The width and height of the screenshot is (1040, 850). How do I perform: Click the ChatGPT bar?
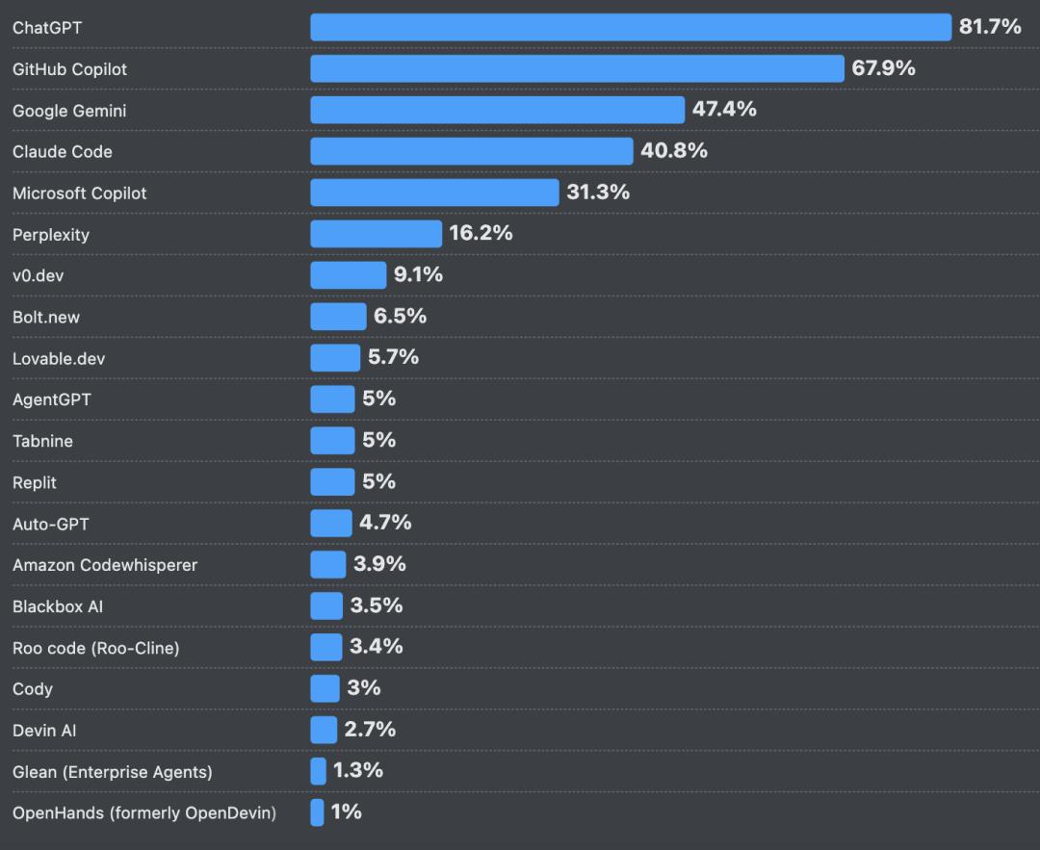tap(631, 28)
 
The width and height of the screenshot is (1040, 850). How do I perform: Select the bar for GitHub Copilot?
tap(577, 69)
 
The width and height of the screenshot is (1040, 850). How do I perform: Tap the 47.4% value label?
tap(724, 110)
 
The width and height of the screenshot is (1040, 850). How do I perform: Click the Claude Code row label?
tap(63, 152)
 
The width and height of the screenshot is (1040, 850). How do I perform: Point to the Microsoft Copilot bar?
tap(434, 193)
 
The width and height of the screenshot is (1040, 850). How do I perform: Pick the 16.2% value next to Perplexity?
tap(481, 233)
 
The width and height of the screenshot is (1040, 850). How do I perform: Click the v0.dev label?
tap(39, 275)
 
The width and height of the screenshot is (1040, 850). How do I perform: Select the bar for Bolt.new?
tap(338, 317)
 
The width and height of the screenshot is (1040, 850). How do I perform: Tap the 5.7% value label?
tap(393, 357)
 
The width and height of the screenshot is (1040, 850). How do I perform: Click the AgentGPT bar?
tap(332, 399)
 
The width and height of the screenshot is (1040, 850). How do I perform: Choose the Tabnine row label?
tap(42, 441)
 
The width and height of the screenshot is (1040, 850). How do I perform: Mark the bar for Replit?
tap(332, 481)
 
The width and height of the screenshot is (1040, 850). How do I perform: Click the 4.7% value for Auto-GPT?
tap(385, 523)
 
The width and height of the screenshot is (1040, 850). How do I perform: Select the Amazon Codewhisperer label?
tap(105, 565)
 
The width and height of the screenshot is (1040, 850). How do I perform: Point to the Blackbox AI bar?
tap(326, 605)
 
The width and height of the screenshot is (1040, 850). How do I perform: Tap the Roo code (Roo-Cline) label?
tap(96, 648)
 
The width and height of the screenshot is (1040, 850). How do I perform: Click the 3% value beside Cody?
tap(364, 688)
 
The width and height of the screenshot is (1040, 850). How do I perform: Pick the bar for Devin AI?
tap(324, 730)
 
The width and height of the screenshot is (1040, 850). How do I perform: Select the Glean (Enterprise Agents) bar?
tap(319, 771)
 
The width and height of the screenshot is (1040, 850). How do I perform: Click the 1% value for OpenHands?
tap(347, 812)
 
